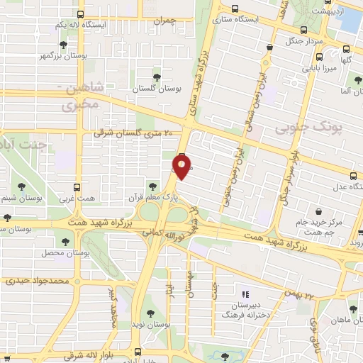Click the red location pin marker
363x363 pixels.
click(x=182, y=167)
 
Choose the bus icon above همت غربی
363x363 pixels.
click(x=78, y=188)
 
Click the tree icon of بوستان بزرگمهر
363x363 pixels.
click(x=65, y=44)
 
